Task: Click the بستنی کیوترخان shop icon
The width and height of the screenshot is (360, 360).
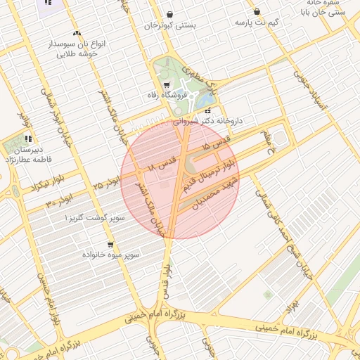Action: coord(169,14)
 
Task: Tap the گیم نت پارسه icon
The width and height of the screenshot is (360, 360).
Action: coord(257,11)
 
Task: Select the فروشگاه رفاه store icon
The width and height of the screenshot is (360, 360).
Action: coord(166,84)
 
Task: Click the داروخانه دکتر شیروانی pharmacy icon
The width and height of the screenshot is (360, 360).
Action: coord(207,110)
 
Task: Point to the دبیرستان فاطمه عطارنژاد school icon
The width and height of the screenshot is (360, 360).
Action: coord(29,138)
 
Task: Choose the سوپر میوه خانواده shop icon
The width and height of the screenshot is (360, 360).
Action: coord(111,243)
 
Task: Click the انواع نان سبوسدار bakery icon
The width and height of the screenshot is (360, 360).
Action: coord(77,33)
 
